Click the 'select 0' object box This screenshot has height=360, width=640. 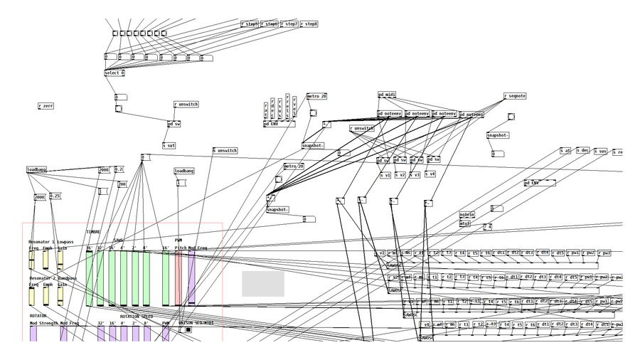(114, 73)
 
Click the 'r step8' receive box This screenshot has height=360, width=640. (309, 23)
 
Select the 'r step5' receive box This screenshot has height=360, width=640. (250, 23)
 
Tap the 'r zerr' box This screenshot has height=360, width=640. (46, 105)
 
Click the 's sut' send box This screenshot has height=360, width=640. (169, 145)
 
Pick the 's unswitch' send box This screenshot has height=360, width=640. (225, 150)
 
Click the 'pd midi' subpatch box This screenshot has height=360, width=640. (387, 94)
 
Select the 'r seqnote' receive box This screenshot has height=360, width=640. (515, 95)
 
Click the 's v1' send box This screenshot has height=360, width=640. (385, 174)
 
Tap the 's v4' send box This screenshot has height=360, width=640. (430, 174)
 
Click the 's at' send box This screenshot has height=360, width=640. (565, 150)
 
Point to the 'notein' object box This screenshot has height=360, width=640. (466, 214)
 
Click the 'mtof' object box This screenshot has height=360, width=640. (465, 223)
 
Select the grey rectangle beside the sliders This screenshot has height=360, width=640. (262, 283)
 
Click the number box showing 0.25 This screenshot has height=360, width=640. (55, 196)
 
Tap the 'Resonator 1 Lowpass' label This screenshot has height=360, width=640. (50, 242)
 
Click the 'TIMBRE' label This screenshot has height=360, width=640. (93, 232)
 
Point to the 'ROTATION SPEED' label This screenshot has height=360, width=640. (136, 316)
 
